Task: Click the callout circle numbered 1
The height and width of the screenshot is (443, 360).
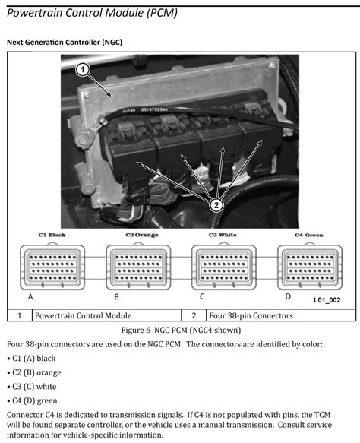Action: [x=84, y=69]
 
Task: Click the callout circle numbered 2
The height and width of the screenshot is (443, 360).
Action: [x=216, y=204]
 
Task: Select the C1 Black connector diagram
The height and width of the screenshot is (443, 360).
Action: [x=52, y=267]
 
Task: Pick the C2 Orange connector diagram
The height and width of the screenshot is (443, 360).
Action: [x=138, y=267]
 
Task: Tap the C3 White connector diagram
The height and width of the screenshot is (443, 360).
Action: [x=223, y=267]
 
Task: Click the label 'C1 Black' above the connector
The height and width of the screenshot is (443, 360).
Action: [x=51, y=236]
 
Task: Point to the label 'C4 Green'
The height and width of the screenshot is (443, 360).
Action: [x=308, y=236]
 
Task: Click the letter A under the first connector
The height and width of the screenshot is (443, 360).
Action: [x=30, y=296]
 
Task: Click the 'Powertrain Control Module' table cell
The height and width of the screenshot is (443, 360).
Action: [x=84, y=315]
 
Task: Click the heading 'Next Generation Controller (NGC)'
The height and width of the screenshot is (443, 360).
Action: [x=64, y=42]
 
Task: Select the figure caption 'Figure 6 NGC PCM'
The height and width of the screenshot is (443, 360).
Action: [x=179, y=331]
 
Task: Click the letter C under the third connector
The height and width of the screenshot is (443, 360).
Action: [x=201, y=296]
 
